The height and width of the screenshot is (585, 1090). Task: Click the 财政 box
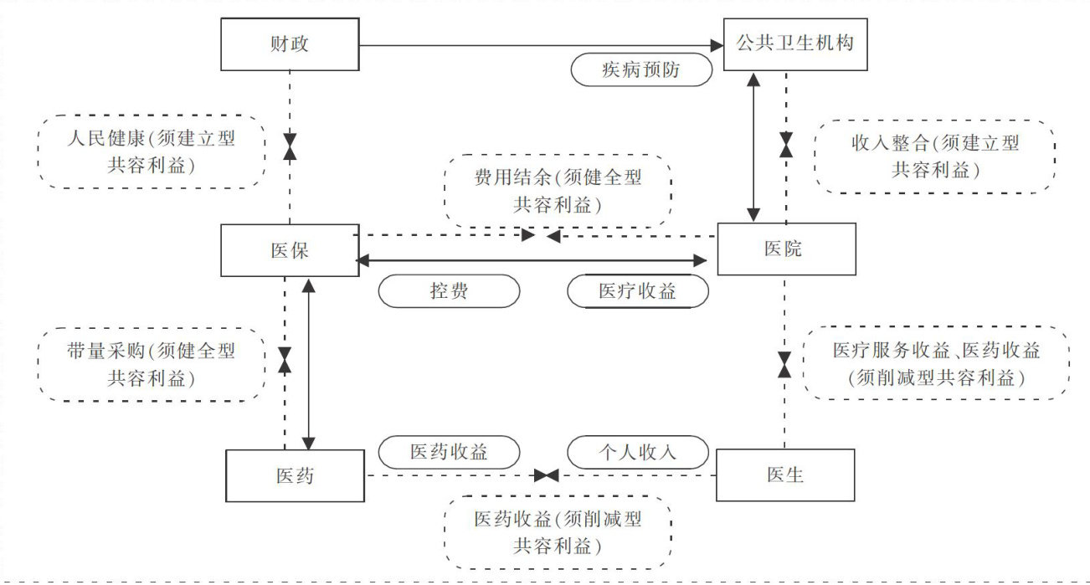pyautogui.click(x=290, y=45)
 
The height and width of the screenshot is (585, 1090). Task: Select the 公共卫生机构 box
pyautogui.click(x=794, y=44)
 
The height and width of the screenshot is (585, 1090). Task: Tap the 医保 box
pyautogui.click(x=290, y=250)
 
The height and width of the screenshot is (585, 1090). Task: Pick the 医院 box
pyautogui.click(x=786, y=249)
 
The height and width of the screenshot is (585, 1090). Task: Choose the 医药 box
pyautogui.click(x=296, y=475)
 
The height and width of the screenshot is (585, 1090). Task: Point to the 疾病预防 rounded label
pyautogui.click(x=641, y=70)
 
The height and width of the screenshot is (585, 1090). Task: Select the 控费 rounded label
pyautogui.click(x=449, y=291)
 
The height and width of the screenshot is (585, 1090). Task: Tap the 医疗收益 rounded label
pyautogui.click(x=638, y=291)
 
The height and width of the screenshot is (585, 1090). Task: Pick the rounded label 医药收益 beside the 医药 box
pyautogui.click(x=449, y=453)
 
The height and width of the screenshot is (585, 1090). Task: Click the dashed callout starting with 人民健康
pyautogui.click(x=152, y=152)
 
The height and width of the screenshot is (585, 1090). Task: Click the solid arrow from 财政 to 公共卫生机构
pyautogui.click(x=536, y=45)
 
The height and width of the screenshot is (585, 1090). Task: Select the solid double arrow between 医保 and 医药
pyautogui.click(x=309, y=364)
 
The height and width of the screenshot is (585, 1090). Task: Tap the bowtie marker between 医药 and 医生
pyautogui.click(x=547, y=475)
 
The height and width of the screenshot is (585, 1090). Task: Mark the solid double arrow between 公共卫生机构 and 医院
pyautogui.click(x=754, y=146)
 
